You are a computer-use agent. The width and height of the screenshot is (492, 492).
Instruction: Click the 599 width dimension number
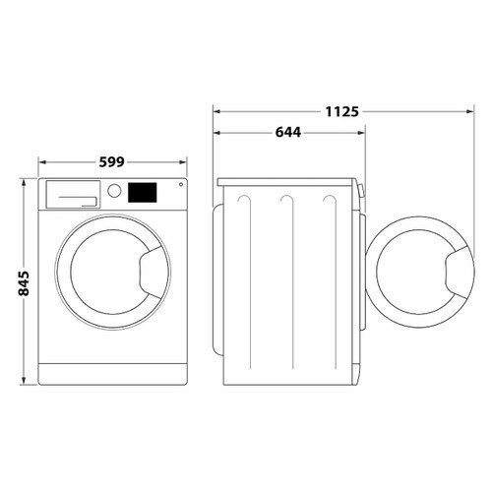[x=113, y=160]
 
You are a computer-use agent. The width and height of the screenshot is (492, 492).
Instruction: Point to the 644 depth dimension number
[x=288, y=132]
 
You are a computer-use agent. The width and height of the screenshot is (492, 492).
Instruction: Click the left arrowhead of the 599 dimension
[x=41, y=160]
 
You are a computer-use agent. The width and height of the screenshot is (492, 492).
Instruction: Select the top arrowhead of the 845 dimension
[x=24, y=181]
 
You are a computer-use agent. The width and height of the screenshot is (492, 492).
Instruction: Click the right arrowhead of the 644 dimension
[x=361, y=132]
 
